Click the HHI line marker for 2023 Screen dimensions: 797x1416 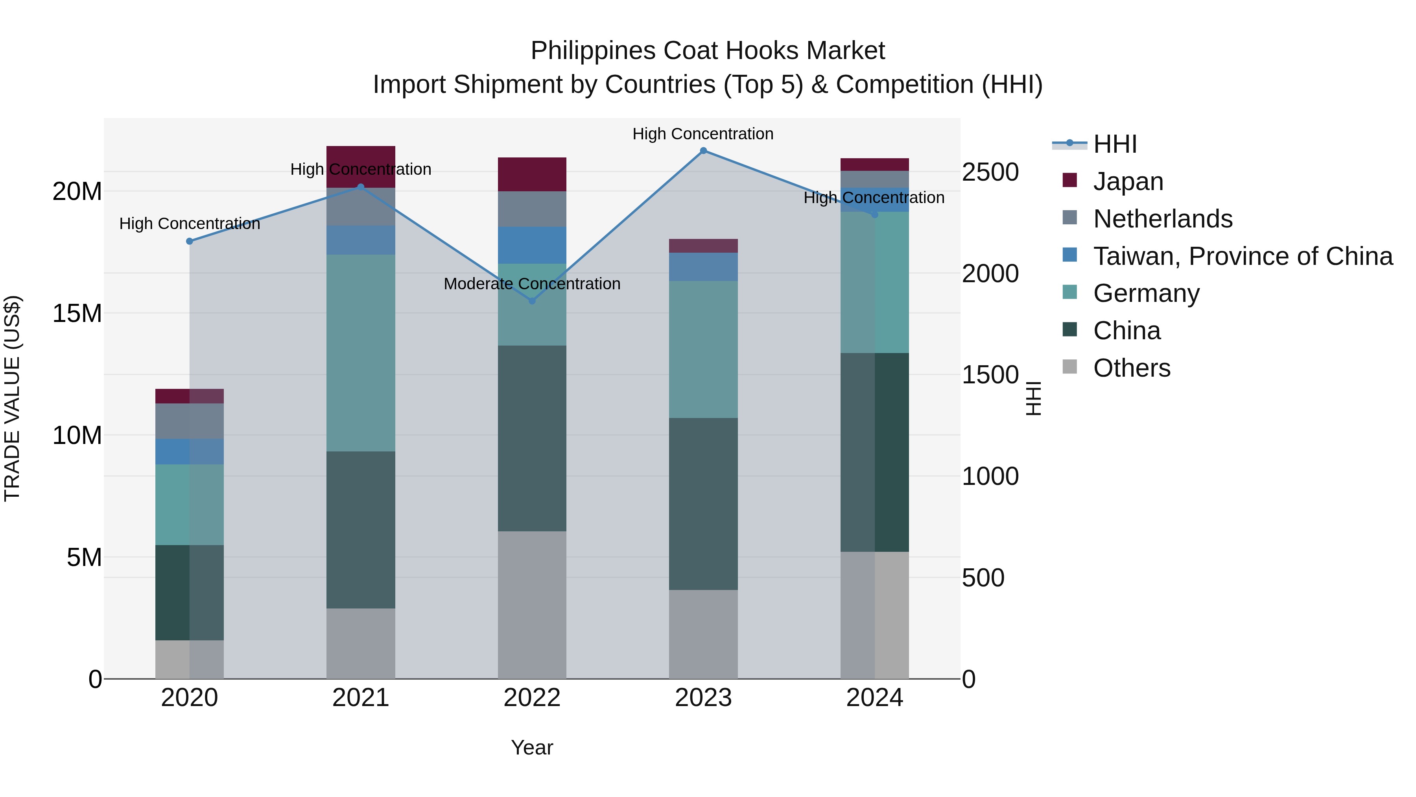[703, 151]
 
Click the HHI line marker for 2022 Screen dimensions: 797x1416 [531, 301]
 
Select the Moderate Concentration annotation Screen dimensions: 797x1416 [531, 284]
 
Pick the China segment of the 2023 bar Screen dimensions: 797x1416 [703, 503]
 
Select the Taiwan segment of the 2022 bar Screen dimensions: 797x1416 [531, 245]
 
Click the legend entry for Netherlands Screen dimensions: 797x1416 [1163, 219]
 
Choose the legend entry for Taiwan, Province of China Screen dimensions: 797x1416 [1242, 256]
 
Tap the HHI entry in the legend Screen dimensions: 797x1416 [1114, 144]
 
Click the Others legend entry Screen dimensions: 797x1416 [1131, 368]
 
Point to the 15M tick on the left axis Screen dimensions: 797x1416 [77, 314]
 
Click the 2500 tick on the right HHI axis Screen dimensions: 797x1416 [990, 172]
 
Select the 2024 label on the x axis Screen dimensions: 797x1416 [874, 698]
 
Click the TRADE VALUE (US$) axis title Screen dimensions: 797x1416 [12, 398]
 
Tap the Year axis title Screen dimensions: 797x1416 [531, 747]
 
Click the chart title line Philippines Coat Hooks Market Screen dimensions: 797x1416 [708, 51]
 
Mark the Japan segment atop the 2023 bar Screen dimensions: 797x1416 [703, 246]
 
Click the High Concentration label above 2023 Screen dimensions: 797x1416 [702, 134]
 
